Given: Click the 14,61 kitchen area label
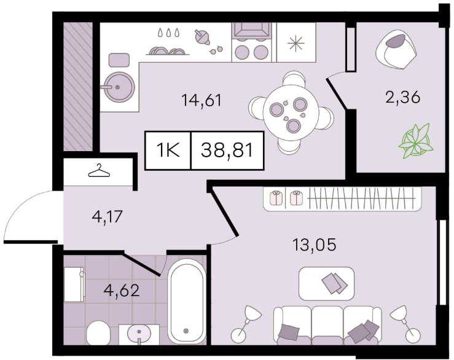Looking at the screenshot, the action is pyautogui.click(x=202, y=101).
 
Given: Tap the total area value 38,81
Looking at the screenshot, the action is pyautogui.click(x=227, y=151).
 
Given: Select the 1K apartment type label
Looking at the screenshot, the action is pyautogui.click(x=168, y=151).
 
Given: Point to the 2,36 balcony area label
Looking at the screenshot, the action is pyautogui.click(x=402, y=98).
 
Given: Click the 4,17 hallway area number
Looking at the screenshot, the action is pyautogui.click(x=108, y=216).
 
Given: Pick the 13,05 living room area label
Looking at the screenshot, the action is pyautogui.click(x=315, y=245).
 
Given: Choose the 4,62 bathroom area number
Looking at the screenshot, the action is pyautogui.click(x=122, y=290).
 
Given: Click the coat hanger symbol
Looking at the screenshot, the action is pyautogui.click(x=99, y=171).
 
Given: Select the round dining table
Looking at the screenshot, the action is pyautogui.click(x=291, y=113).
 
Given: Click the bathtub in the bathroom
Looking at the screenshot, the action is pyautogui.click(x=187, y=301).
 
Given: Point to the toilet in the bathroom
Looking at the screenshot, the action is pyautogui.click(x=98, y=333).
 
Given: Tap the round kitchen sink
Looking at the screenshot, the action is pyautogui.click(x=119, y=87).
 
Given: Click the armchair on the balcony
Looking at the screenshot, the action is pyautogui.click(x=396, y=50).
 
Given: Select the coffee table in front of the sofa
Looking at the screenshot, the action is pyautogui.click(x=326, y=284).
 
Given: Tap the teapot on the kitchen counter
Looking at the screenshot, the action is pyautogui.click(x=202, y=37).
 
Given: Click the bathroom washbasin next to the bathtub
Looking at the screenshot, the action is pyautogui.click(x=139, y=334).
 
